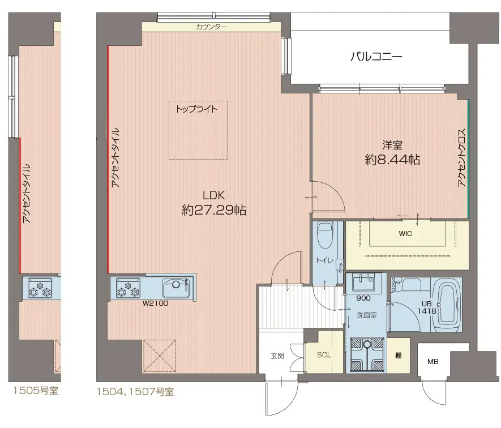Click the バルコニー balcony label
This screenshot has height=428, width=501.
click(x=376, y=57)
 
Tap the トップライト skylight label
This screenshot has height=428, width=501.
click(x=196, y=109)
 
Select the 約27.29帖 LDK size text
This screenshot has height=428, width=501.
click(x=214, y=210)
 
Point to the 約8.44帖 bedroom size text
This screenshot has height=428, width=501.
click(x=392, y=159)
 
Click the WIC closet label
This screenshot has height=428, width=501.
click(x=405, y=234)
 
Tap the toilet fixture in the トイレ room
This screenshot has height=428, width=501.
click(x=326, y=235)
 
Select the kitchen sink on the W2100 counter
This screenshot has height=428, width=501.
click(x=177, y=288)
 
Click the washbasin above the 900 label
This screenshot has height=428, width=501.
click(x=363, y=283)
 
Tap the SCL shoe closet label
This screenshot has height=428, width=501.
click(x=324, y=355)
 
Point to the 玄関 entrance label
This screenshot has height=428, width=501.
click(x=277, y=356)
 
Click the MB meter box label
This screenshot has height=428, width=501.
click(x=433, y=362)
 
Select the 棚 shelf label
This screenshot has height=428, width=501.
click(x=398, y=355)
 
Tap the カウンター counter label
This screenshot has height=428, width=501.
click(x=211, y=27)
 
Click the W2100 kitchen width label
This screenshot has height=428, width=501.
click(x=155, y=303)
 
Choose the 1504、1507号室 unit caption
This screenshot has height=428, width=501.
click(x=135, y=392)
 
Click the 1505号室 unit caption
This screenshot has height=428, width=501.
click(x=36, y=390)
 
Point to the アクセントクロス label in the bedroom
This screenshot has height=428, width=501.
click(x=462, y=157)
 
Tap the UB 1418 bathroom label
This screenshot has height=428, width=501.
click(x=427, y=307)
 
